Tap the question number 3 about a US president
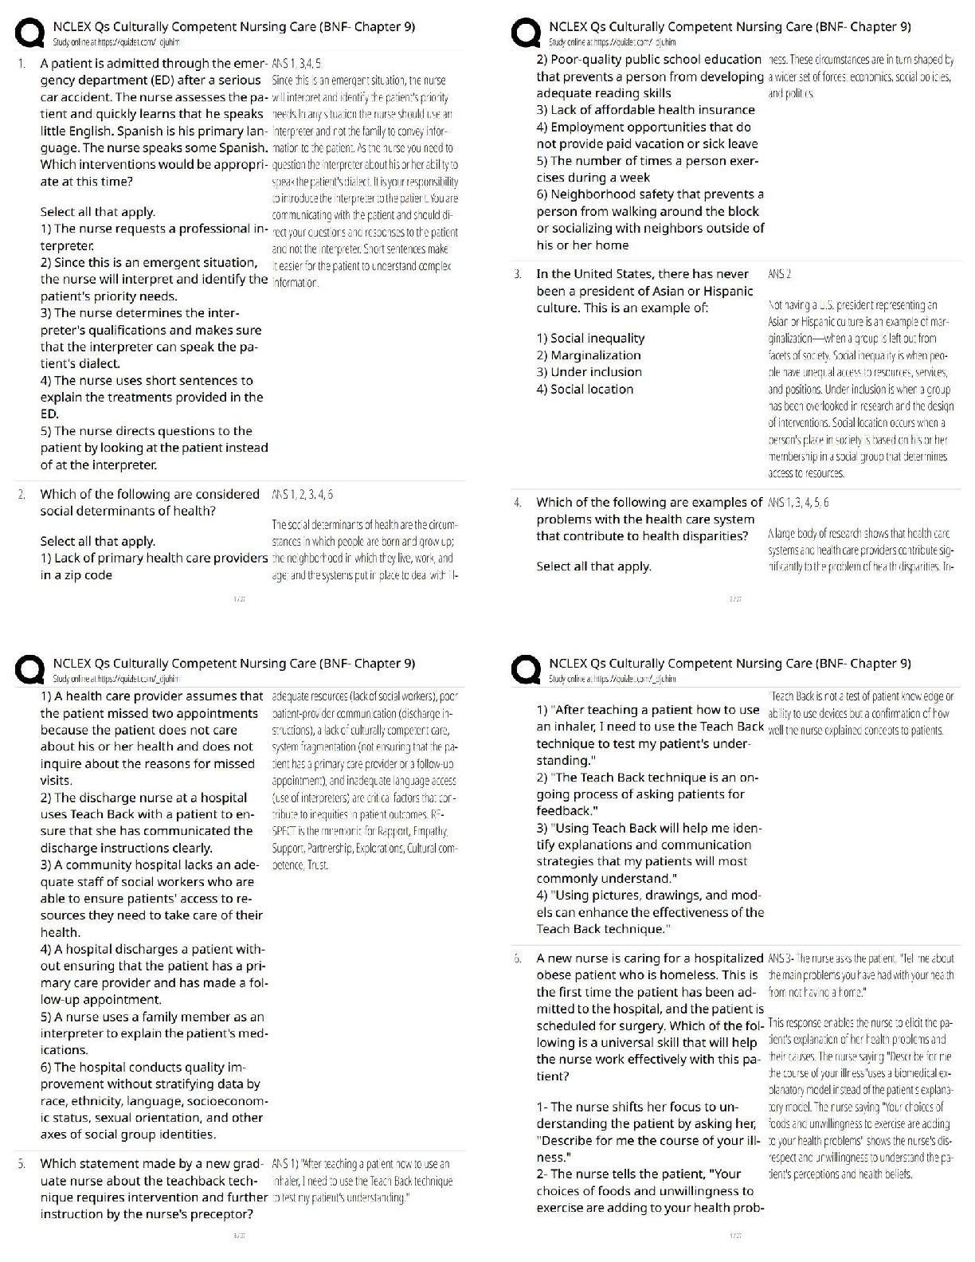point(518,274)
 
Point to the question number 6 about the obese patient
point(518,958)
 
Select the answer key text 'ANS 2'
point(779,274)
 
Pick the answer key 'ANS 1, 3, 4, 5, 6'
point(798,503)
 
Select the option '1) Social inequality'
point(590,339)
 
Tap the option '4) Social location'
point(585,390)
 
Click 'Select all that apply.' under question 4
point(593,566)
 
